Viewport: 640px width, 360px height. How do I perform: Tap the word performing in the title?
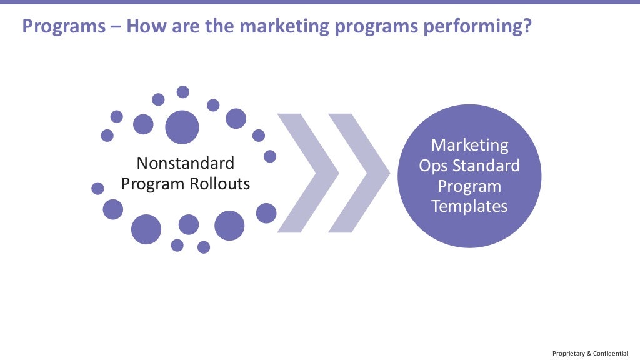coord(476,27)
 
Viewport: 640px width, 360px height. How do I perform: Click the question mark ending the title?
coord(527,27)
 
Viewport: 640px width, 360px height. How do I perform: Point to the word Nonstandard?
coord(186,164)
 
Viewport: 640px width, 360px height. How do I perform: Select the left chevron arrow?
coord(306,172)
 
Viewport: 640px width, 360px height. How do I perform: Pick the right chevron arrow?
coord(357,172)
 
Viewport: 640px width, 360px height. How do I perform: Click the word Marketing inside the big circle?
coord(469,146)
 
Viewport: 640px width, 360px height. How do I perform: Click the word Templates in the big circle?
coord(469,206)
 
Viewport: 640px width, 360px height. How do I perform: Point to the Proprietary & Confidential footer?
coord(590,353)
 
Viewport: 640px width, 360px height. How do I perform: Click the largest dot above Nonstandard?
coord(182,127)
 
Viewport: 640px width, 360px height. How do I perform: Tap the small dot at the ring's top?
coord(183,92)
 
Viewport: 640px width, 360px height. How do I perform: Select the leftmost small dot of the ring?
coord(97,188)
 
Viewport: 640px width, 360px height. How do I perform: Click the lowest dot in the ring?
coord(204,247)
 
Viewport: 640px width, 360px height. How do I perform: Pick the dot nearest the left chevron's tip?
coord(270,156)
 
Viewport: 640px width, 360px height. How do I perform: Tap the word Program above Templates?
coord(469,186)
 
